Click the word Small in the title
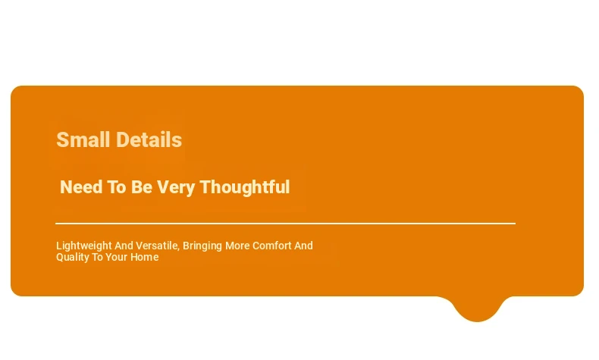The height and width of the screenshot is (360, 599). pos(83,139)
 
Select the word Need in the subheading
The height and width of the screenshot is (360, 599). pos(81,187)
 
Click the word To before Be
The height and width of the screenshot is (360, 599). pos(116,187)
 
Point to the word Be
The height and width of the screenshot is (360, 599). pos(141,187)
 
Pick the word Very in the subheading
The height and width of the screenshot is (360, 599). pos(176,188)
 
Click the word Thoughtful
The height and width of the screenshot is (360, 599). pos(244,187)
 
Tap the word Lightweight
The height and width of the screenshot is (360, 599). pos(83,246)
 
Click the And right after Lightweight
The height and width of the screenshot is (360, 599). pos(124,246)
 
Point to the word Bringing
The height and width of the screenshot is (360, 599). pos(202,246)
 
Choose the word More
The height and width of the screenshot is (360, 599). pos(237,246)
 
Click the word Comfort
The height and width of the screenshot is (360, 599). pos(271,246)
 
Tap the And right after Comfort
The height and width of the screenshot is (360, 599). pos(303,246)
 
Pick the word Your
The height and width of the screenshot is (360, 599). pos(117,257)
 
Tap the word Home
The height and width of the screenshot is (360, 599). pos(144,257)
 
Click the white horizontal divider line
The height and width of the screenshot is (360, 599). pos(285,224)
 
